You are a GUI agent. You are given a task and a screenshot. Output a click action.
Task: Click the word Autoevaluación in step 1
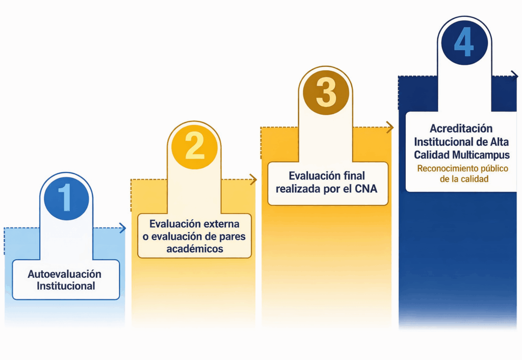pos(64,274)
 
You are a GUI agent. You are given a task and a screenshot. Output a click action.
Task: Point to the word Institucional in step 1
pos(66,286)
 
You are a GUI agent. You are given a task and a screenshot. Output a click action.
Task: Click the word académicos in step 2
pos(195,249)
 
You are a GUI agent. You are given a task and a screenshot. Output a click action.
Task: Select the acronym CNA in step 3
pos(364,188)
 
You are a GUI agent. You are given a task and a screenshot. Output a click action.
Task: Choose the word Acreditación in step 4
pos(461,128)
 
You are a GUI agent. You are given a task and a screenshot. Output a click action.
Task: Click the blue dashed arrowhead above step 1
pos(123,228)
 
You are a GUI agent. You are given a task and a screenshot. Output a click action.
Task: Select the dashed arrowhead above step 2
pos(254,179)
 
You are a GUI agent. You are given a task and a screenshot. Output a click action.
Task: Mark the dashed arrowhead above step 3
pos(390,127)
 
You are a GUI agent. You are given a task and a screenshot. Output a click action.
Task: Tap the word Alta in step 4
pos(500,141)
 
